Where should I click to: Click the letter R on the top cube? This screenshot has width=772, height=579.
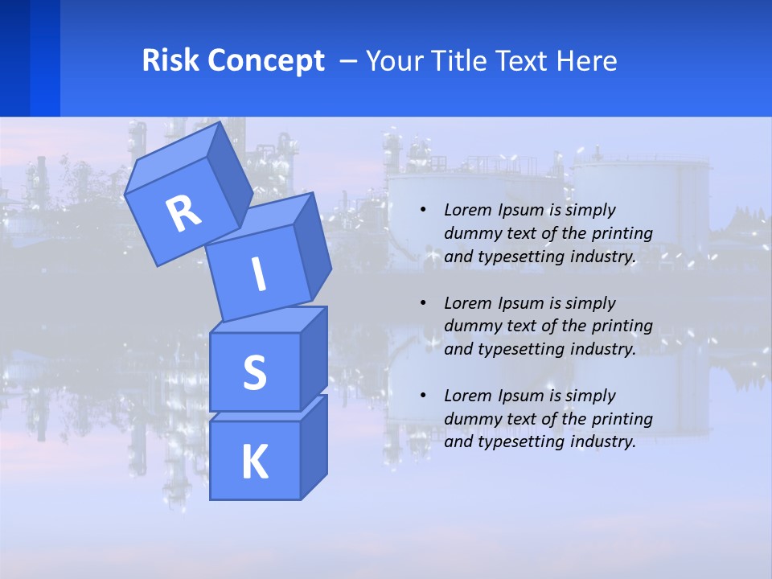(183, 213)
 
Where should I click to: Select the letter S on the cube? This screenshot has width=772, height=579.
(254, 372)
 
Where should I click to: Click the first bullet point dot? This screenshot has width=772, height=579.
(423, 210)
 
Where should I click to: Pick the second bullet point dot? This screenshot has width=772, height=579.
(423, 303)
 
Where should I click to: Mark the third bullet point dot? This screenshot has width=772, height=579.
(423, 396)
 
